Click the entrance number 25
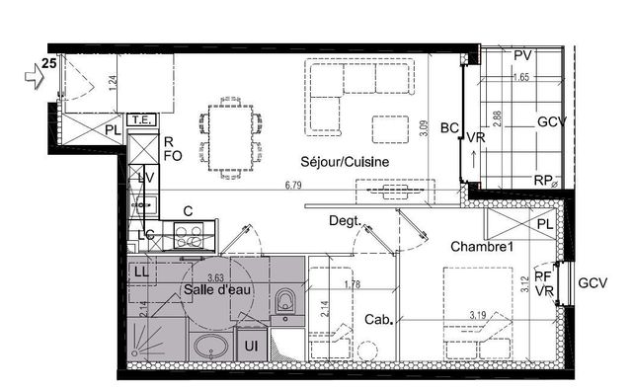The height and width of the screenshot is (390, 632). pos(46,64)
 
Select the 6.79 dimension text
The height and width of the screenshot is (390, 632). pos(293,185)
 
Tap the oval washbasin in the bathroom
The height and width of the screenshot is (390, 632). pos(209,348)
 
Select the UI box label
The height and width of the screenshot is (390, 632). pos(251,347)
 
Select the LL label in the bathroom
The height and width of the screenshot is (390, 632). pos(140,271)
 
